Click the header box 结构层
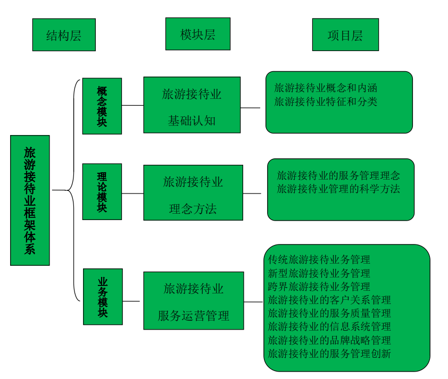click(64, 35)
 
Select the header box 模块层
click(197, 34)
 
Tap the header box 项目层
click(345, 35)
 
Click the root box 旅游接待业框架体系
click(30, 200)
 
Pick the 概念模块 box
click(102, 106)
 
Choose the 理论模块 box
click(102, 191)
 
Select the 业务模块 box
click(103, 297)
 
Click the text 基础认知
click(192, 121)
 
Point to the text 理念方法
click(193, 209)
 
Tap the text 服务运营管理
click(193, 316)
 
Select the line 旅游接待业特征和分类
click(326, 102)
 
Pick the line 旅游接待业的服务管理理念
click(338, 175)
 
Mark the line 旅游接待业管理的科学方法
click(338, 189)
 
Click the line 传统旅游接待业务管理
click(319, 260)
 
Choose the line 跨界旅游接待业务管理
click(319, 287)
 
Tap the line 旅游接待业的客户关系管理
click(329, 300)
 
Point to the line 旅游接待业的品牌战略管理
click(329, 340)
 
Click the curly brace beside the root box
click(73, 190)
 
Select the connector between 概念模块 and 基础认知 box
click(132, 105)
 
